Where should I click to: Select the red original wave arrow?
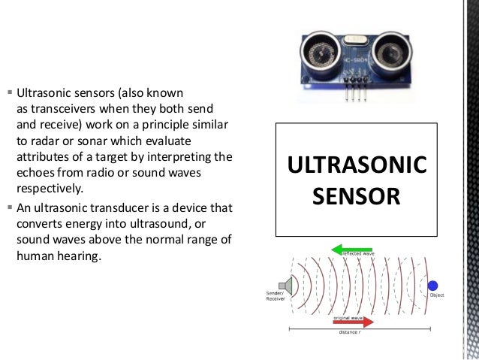click(351, 322)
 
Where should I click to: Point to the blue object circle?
click(432, 285)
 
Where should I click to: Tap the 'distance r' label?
click(349, 332)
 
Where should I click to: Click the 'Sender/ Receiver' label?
click(276, 296)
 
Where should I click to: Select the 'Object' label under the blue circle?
click(437, 295)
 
